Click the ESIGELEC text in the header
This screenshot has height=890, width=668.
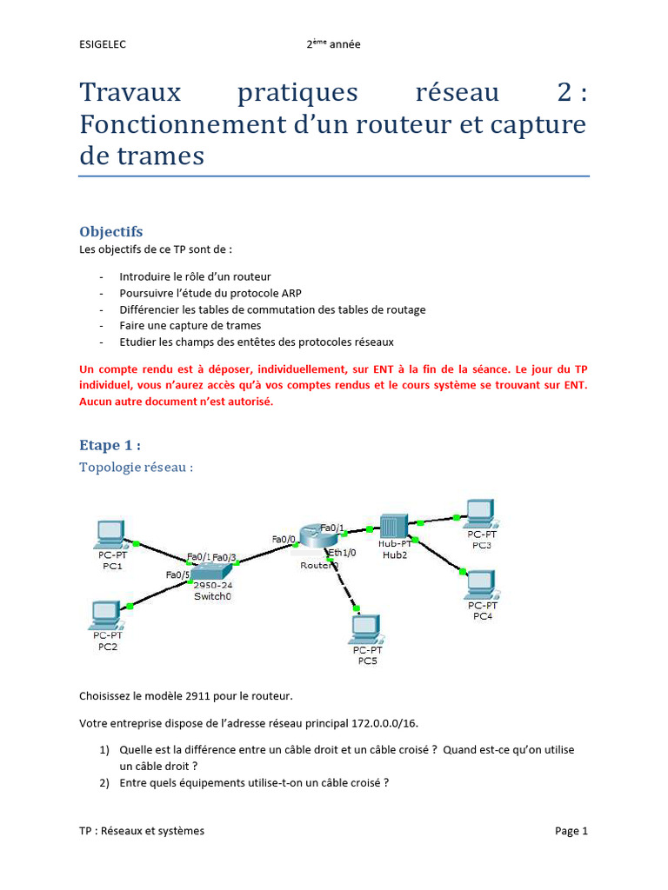click(x=102, y=45)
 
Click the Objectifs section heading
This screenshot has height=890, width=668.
click(x=110, y=232)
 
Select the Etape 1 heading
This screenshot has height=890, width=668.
click(x=110, y=445)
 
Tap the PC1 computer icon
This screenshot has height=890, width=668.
click(x=110, y=532)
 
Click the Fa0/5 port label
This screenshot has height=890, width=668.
click(x=178, y=575)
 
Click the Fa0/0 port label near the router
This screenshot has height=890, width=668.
click(x=284, y=539)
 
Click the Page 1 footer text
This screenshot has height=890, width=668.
click(x=571, y=831)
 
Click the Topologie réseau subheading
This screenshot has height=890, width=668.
click(x=136, y=468)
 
